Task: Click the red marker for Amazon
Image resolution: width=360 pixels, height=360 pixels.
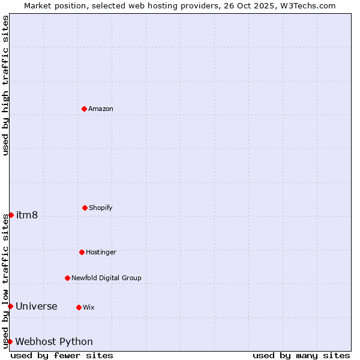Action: point(84,109)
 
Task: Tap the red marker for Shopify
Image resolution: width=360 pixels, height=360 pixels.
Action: point(85,208)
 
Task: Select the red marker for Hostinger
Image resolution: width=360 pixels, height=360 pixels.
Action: point(82,252)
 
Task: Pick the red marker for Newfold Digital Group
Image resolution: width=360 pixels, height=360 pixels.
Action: point(67,278)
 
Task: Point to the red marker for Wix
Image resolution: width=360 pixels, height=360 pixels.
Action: point(79,307)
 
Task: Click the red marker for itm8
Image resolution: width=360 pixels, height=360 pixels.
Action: point(11,215)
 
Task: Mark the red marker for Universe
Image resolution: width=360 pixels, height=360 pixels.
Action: point(10,306)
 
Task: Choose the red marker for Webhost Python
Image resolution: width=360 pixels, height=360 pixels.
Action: point(10,341)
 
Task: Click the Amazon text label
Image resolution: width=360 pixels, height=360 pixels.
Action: point(101,109)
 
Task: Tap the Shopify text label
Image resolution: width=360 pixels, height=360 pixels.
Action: point(101,208)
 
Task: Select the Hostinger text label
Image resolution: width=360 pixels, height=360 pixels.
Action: point(101,253)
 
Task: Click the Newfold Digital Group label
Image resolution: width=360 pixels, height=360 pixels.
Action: point(106,278)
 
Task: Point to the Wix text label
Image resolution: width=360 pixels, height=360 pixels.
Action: point(89,308)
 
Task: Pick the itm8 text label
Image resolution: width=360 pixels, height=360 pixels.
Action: point(27,215)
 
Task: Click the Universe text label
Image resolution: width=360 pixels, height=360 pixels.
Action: point(37,307)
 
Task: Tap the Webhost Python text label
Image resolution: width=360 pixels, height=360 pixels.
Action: point(54,342)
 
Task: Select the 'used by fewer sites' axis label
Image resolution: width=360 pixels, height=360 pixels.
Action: point(62,355)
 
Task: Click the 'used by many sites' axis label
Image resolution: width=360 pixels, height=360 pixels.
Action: point(301,355)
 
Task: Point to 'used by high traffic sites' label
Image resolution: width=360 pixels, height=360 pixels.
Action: point(5,85)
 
